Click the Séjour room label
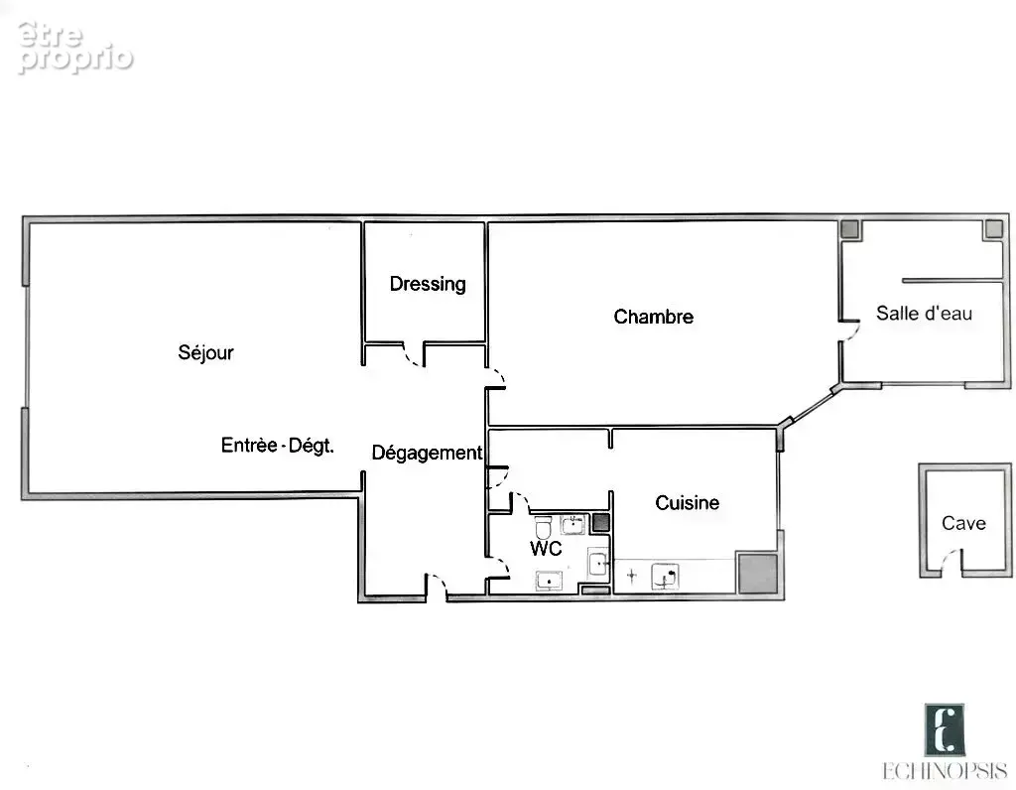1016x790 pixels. point(205,352)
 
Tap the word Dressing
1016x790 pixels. point(428,284)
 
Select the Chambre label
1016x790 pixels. point(653,317)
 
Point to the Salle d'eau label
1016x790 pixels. point(924,313)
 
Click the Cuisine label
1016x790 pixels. point(687,502)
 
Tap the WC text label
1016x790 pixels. point(546,548)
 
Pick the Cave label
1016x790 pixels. point(963,523)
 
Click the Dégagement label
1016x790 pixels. point(427,453)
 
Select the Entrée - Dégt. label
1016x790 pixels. point(278,446)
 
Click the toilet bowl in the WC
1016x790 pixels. point(543,527)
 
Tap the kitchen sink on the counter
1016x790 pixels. point(665,576)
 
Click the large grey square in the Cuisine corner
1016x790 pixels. point(757,573)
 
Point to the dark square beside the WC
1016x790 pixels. point(600,523)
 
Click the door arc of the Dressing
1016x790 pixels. point(412,356)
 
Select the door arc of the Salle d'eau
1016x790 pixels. point(852,332)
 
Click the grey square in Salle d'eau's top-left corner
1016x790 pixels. point(849,229)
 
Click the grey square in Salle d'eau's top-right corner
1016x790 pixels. point(993,229)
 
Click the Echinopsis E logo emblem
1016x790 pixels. point(945,730)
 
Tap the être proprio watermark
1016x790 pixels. point(75,48)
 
